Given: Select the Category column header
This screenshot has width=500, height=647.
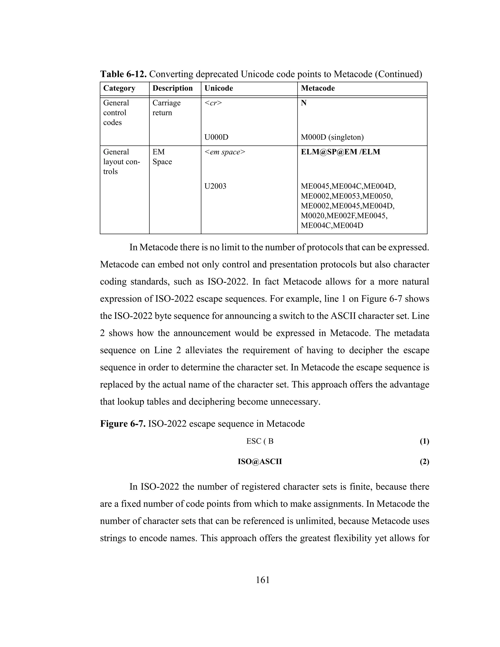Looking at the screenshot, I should pyautogui.click(x=119, y=88).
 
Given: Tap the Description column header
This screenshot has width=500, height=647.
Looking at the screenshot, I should pyautogui.click(x=172, y=88).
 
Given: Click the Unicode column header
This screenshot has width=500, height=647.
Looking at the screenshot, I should pyautogui.click(x=219, y=88).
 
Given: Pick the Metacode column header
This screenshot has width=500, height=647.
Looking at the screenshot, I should pyautogui.click(x=318, y=88).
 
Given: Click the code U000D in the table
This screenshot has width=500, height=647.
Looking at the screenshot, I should pyautogui.click(x=216, y=137).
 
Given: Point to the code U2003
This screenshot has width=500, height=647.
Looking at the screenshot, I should pyautogui.click(x=215, y=186).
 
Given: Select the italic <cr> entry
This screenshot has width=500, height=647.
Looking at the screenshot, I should pyautogui.click(x=213, y=103).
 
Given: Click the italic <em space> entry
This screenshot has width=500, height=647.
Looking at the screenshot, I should pyautogui.click(x=225, y=152).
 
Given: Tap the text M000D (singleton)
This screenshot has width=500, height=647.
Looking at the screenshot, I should pyautogui.click(x=332, y=137).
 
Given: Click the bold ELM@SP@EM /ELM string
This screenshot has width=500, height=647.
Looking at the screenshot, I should pyautogui.click(x=340, y=152).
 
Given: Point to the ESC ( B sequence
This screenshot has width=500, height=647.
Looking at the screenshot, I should pyautogui.click(x=260, y=441).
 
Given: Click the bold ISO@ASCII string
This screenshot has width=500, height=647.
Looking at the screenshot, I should pyautogui.click(x=260, y=461).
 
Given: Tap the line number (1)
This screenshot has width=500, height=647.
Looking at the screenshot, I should pyautogui.click(x=424, y=442).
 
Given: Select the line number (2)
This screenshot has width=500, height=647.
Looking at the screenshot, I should pyautogui.click(x=424, y=462).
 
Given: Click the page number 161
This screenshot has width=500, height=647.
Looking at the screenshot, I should pyautogui.click(x=262, y=580).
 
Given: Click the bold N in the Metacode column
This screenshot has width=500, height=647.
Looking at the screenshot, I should pyautogui.click(x=304, y=103).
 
